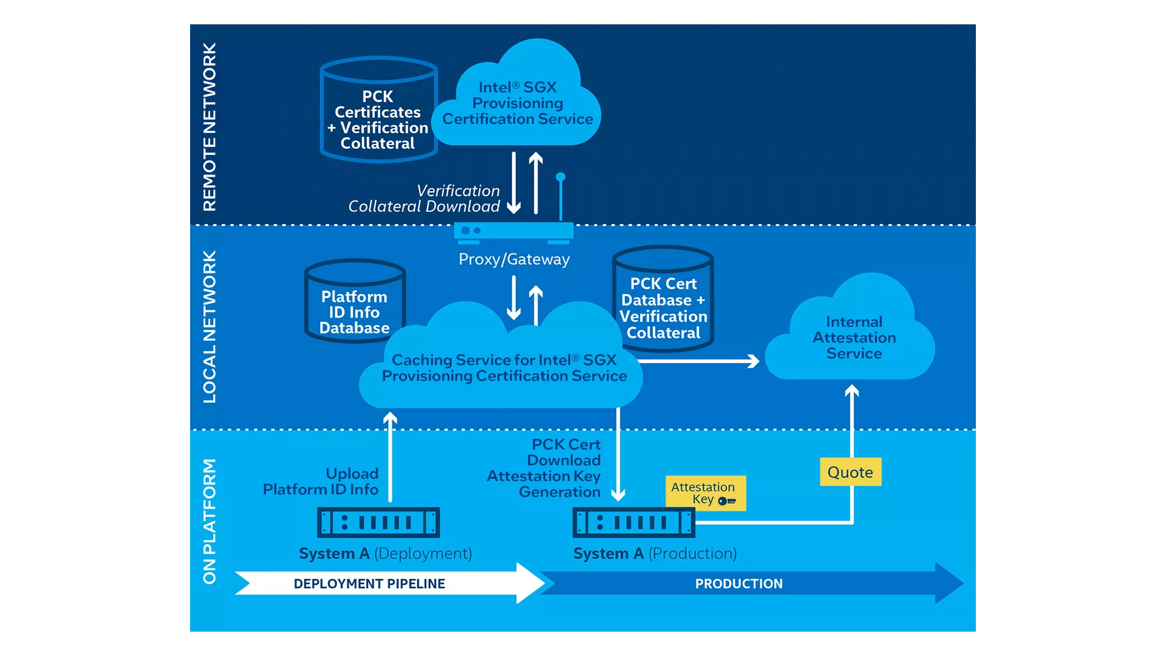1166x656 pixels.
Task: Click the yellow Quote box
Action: (x=850, y=472)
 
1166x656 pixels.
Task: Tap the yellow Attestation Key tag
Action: (x=705, y=493)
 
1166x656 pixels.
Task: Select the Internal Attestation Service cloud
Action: (x=853, y=338)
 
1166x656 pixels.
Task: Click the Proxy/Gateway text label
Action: (x=514, y=259)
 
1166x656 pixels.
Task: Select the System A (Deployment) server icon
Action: (x=378, y=522)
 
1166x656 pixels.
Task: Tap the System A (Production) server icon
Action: (x=633, y=522)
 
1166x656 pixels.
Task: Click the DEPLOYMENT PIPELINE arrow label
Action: (x=369, y=584)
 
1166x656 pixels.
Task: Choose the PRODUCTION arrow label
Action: (x=738, y=584)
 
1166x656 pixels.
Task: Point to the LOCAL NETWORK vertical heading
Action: (x=210, y=327)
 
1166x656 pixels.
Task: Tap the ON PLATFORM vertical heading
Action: (x=210, y=521)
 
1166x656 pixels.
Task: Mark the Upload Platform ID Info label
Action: (x=322, y=481)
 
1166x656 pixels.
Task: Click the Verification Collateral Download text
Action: (x=425, y=199)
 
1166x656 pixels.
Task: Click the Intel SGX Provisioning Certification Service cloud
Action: (x=517, y=103)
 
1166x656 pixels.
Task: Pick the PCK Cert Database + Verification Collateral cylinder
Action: (x=663, y=304)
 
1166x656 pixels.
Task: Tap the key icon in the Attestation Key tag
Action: (x=726, y=501)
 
